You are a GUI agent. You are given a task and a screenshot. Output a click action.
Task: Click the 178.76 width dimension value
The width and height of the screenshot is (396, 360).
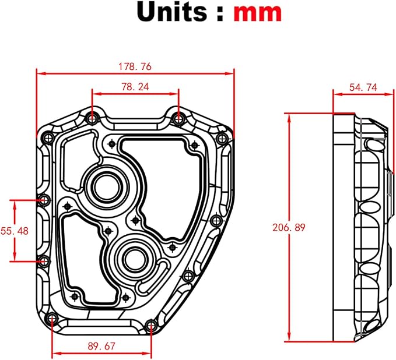pyautogui.click(x=135, y=66)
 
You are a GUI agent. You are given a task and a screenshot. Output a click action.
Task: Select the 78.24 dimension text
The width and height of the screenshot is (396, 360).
pyautogui.click(x=135, y=87)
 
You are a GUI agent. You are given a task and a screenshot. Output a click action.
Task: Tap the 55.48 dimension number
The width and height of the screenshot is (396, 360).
pyautogui.click(x=15, y=231)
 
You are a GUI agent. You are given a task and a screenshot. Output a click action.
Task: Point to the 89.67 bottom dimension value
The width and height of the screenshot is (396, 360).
pyautogui.click(x=101, y=346)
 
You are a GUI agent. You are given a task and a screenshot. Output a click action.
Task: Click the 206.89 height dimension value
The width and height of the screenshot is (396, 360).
pyautogui.click(x=289, y=228)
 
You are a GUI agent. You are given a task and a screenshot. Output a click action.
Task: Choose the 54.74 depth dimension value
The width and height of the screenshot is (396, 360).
pyautogui.click(x=363, y=87)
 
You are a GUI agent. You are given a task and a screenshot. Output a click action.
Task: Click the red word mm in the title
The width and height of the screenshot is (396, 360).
pyautogui.click(x=257, y=12)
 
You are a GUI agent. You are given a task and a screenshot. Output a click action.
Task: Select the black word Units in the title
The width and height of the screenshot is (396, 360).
pyautogui.click(x=171, y=11)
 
